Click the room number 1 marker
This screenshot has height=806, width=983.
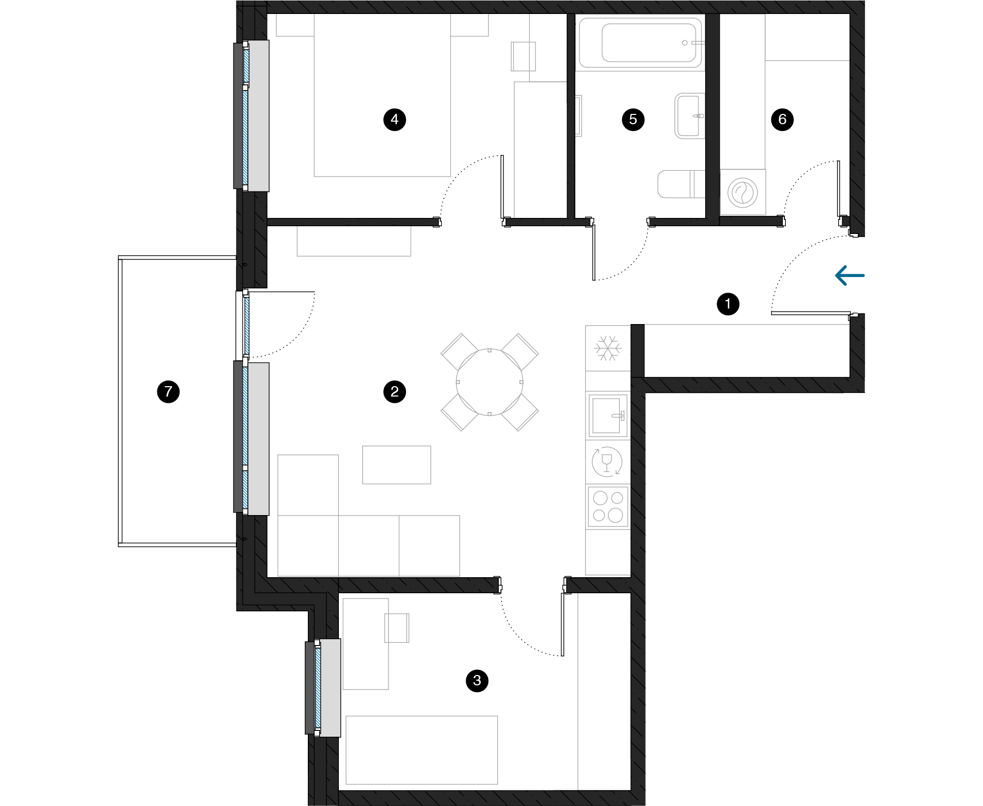click(728, 304)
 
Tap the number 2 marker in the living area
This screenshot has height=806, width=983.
click(395, 391)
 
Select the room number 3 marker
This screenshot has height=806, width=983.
click(477, 680)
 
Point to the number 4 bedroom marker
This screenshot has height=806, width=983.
click(395, 120)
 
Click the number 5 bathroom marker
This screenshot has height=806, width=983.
click(633, 120)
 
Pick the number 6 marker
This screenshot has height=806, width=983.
click(782, 120)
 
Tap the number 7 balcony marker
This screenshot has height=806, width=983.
click(168, 391)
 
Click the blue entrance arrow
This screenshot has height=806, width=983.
click(850, 275)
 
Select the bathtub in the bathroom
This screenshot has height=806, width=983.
click(641, 43)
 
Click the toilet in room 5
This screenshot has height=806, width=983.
click(681, 184)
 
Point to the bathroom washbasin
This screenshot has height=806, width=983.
click(690, 116)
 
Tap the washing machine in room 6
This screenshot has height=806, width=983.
click(742, 192)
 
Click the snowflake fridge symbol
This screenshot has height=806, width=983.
click(607, 348)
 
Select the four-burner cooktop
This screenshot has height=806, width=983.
click(608, 507)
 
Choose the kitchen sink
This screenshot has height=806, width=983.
click(608, 416)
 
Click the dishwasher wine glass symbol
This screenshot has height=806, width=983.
click(607, 462)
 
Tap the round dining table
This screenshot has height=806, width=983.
click(489, 383)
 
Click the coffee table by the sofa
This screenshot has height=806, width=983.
click(397, 465)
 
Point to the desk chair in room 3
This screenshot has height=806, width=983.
click(397, 628)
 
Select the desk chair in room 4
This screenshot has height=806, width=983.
click(523, 56)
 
